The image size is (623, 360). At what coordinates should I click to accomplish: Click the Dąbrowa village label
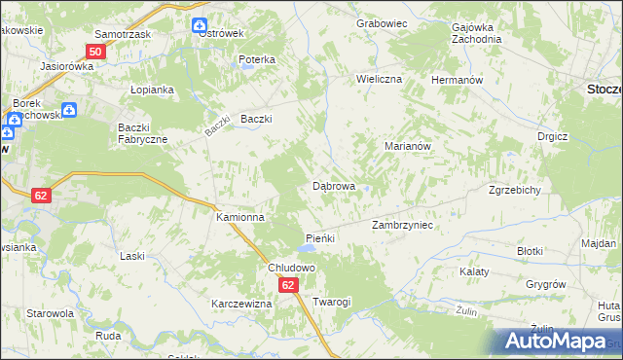(x=333, y=185)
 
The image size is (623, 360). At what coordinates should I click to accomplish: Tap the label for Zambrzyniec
(x=402, y=225)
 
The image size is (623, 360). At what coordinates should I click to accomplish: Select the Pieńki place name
(x=320, y=238)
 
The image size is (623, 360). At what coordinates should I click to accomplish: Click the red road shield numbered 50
(x=95, y=52)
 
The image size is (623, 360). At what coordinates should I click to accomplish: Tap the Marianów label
(x=408, y=145)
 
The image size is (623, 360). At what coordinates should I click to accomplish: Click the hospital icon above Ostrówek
(x=199, y=25)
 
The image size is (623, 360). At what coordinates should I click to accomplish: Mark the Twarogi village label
(x=332, y=303)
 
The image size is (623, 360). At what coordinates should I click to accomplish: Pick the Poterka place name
(x=257, y=59)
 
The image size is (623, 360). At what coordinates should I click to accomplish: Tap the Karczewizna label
(x=241, y=304)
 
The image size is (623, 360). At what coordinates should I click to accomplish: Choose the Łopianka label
(x=152, y=90)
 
